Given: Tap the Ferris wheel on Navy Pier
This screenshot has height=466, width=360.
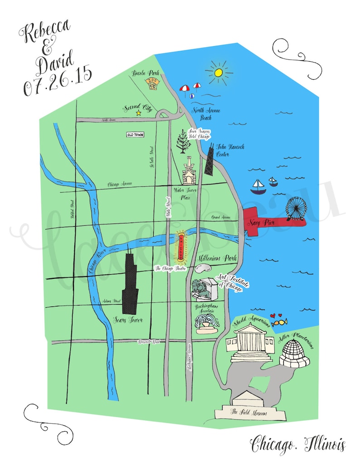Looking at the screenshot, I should (296, 209).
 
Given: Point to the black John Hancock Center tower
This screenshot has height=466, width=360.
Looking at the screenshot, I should (209, 161).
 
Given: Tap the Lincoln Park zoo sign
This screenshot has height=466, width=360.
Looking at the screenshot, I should (151, 82).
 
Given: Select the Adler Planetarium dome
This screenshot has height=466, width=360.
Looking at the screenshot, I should (294, 352).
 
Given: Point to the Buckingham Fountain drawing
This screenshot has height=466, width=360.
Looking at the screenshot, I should (206, 323).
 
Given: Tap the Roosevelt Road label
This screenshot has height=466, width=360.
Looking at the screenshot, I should (149, 342).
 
